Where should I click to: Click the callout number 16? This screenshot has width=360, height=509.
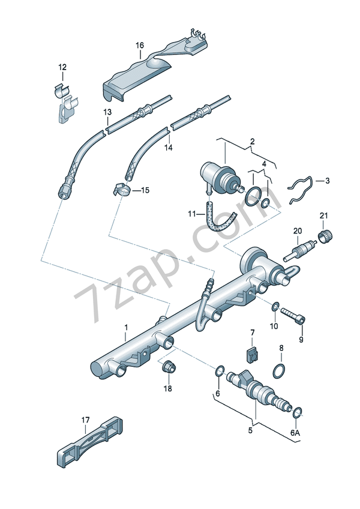pos(139,46)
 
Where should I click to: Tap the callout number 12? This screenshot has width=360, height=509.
pos(62,67)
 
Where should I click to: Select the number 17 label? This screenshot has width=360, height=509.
pos(85,420)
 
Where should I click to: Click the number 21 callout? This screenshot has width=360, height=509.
pos(324,216)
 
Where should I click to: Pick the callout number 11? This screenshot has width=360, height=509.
pos(191,214)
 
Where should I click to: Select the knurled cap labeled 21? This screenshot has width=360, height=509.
pos(326,236)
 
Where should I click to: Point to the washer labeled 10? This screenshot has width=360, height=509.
pos(275,307)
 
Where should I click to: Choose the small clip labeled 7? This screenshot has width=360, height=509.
pos(253,354)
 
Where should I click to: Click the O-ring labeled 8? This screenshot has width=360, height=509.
pos(280,371)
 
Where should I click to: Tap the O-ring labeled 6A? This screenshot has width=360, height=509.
pos(297,412)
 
